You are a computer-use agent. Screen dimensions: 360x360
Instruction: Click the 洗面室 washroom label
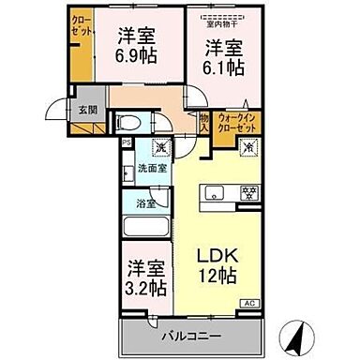coord(149,170)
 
